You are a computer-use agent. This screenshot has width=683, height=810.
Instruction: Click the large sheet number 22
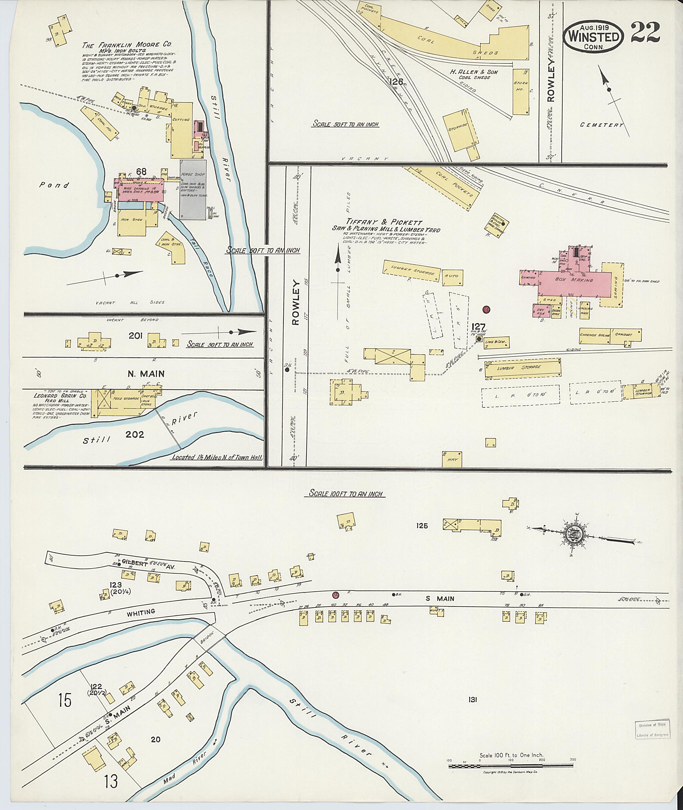(645, 33)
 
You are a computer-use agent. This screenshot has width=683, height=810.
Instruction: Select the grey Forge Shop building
(192, 189)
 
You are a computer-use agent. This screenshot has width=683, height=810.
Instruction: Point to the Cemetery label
(602, 125)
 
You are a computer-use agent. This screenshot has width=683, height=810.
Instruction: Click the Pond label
(55, 185)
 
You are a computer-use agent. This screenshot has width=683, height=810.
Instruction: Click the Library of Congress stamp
(653, 730)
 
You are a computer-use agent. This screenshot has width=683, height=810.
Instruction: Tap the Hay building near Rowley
(452, 459)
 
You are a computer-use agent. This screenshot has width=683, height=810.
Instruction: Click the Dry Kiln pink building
(541, 310)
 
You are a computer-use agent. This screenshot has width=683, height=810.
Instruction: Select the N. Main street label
(146, 373)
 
